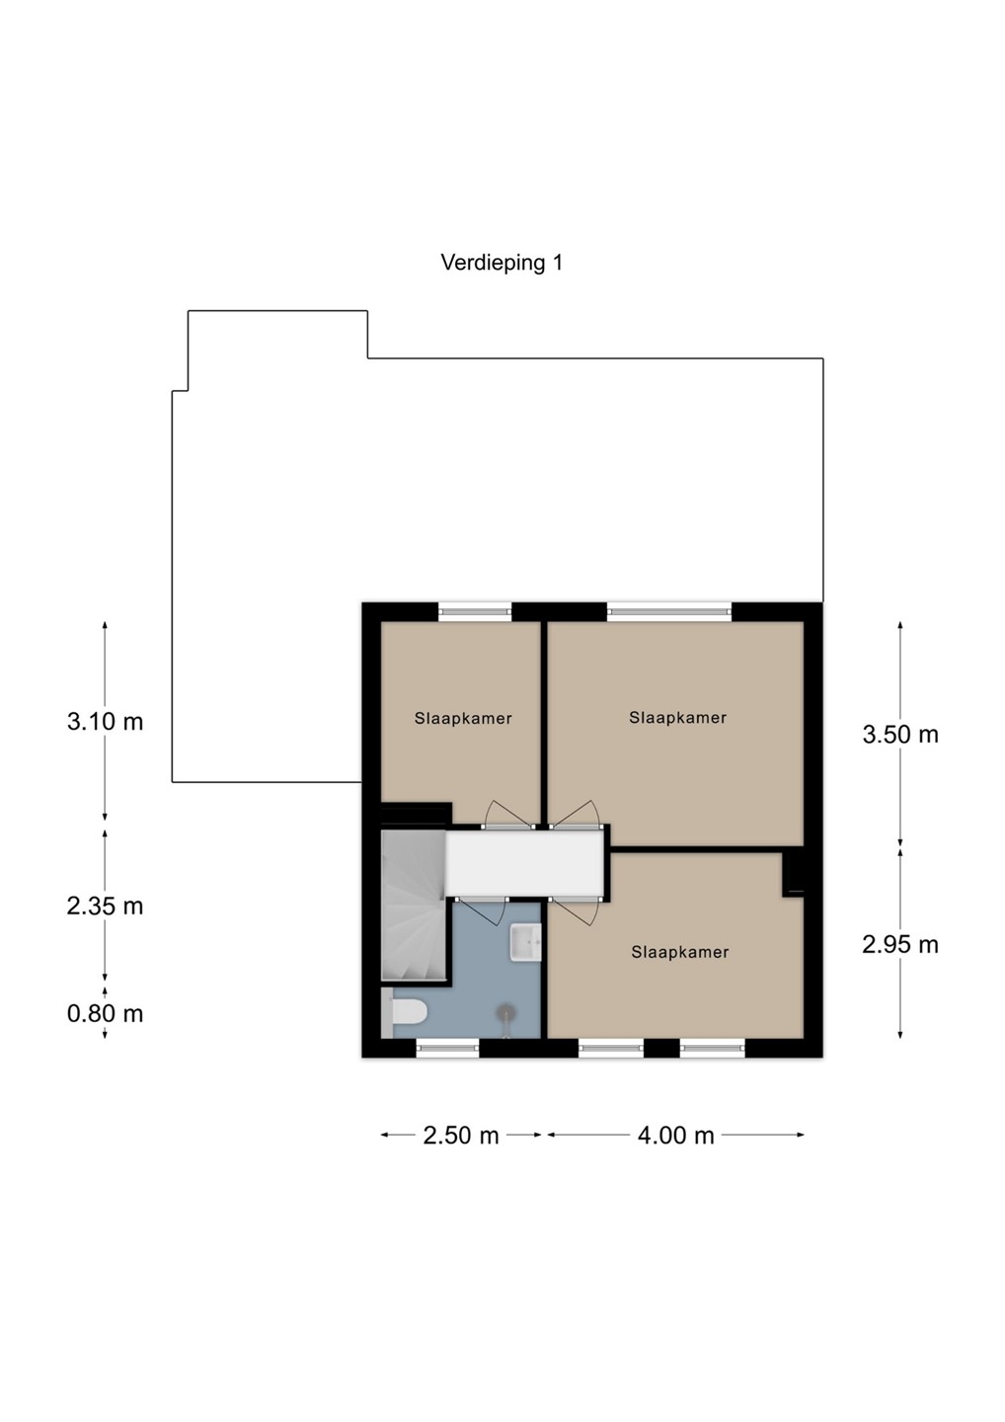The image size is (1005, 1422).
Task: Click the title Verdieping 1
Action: (502, 263)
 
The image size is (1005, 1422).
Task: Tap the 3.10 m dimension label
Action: (106, 722)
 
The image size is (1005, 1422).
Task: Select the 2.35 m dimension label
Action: (106, 906)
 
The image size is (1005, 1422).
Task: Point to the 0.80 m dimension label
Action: (106, 1013)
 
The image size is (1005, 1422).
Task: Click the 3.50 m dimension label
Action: (900, 735)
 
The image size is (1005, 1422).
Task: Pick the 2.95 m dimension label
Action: (900, 945)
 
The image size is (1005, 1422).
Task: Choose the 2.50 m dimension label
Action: (461, 1135)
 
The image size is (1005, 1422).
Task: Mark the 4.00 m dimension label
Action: (675, 1135)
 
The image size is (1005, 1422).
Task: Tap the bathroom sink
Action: (524, 942)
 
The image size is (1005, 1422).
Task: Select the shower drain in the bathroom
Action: (506, 1010)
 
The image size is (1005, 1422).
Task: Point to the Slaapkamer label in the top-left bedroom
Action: (463, 719)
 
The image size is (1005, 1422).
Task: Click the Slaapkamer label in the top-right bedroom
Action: (677, 717)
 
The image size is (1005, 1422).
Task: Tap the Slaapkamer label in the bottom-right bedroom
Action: (680, 952)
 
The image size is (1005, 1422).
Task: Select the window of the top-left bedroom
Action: (475, 611)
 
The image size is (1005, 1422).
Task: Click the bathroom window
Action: (448, 1048)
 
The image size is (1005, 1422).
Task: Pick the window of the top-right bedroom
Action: (669, 611)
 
